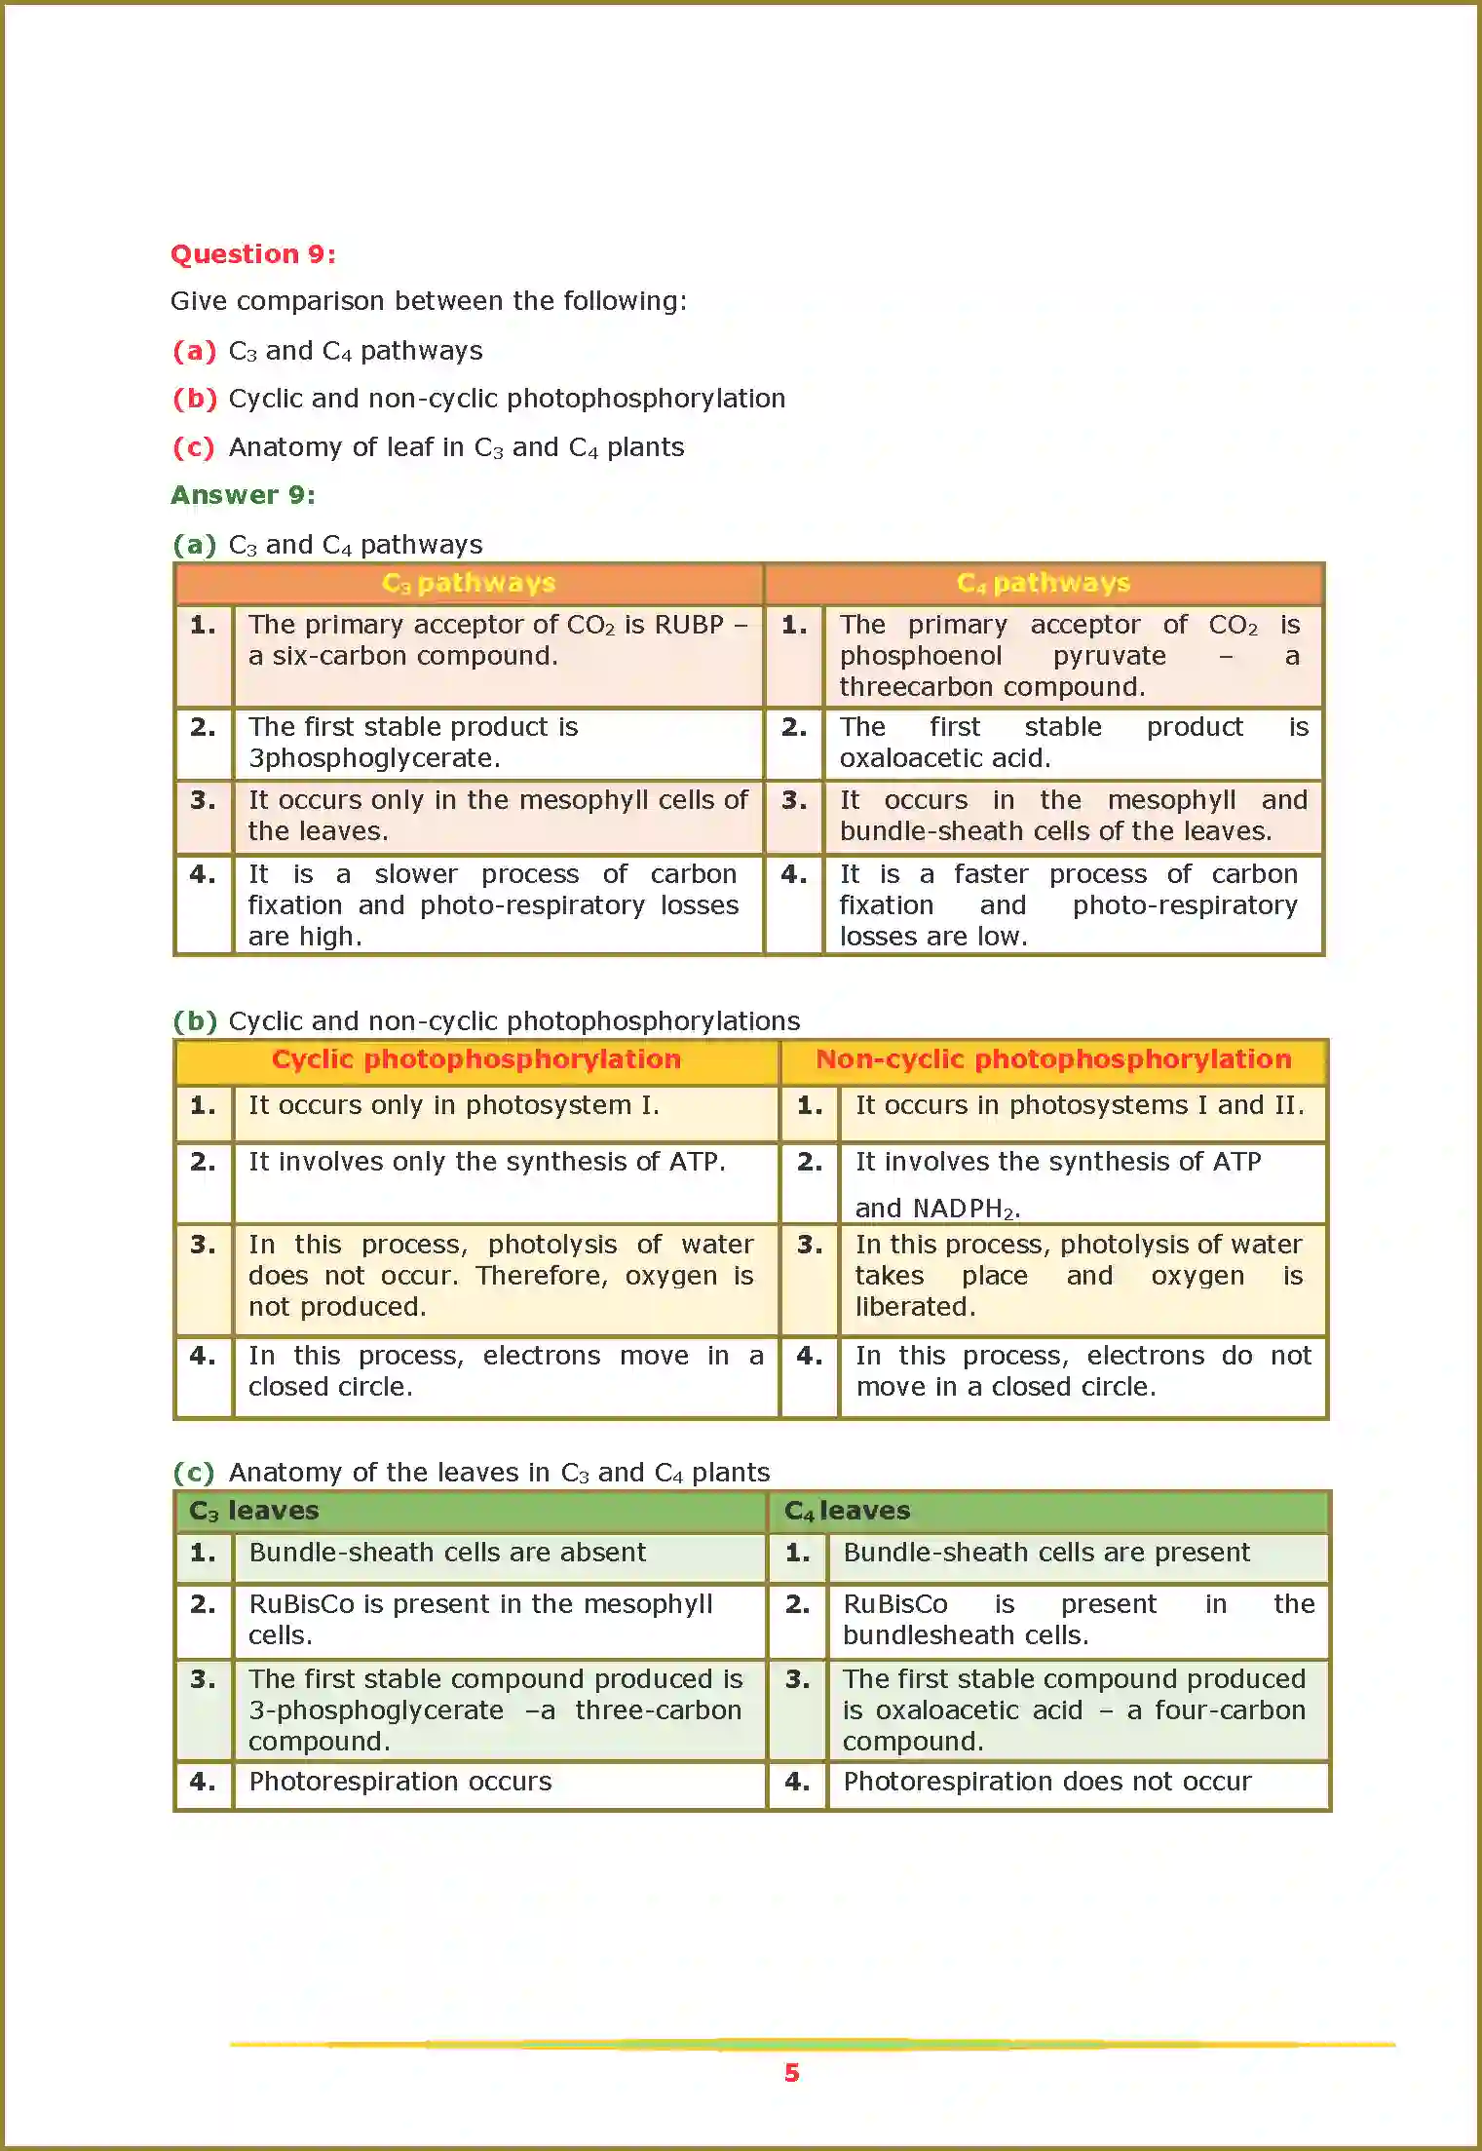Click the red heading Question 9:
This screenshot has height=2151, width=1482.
tap(252, 254)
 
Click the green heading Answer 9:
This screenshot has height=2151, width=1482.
tap(243, 495)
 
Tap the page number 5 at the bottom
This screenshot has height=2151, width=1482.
tap(791, 2073)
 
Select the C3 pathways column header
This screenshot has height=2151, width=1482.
tap(468, 583)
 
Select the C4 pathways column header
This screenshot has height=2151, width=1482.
tap(1043, 583)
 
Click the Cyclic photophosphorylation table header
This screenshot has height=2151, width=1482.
tap(475, 1059)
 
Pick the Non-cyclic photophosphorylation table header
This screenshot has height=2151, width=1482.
tap(1053, 1059)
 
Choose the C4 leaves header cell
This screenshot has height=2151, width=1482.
tap(847, 1511)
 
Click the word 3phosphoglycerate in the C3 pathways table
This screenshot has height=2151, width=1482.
tap(374, 758)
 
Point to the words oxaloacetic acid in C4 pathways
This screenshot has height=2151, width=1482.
tap(944, 758)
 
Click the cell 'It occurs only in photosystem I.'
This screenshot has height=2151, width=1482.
tap(453, 1105)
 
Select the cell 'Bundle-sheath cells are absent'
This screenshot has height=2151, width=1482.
tap(447, 1553)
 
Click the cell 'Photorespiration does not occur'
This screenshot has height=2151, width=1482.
tap(1046, 1782)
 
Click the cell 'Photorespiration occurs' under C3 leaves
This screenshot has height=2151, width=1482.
tap(399, 1782)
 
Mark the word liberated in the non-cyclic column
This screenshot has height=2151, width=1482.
tap(915, 1307)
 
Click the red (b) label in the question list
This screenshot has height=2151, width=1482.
tap(194, 399)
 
